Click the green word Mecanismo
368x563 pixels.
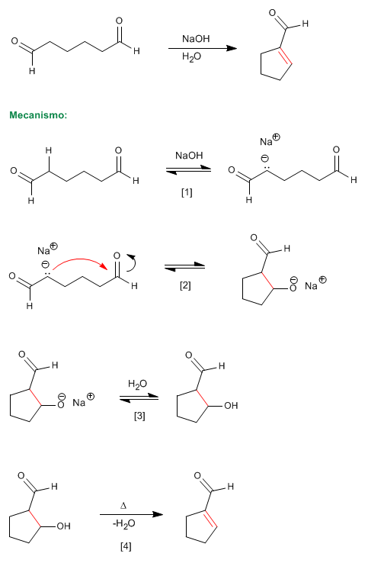(38, 115)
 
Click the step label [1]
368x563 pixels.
(187, 192)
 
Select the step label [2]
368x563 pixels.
(185, 286)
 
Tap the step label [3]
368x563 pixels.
(139, 416)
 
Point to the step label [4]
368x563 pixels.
(126, 546)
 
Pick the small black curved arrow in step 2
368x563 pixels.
(132, 262)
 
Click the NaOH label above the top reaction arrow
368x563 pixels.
(196, 39)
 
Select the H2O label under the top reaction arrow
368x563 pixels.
(191, 56)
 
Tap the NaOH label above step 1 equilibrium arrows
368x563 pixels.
(189, 156)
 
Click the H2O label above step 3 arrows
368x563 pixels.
(137, 384)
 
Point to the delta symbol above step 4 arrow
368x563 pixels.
(123, 506)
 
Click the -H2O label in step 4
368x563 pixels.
(123, 524)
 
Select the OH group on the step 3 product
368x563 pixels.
(231, 406)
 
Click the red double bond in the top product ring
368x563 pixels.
(286, 56)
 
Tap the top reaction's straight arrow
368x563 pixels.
(203, 48)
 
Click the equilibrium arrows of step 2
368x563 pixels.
(184, 267)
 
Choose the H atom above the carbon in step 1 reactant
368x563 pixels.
(49, 150)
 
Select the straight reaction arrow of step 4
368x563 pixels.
(131, 514)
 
